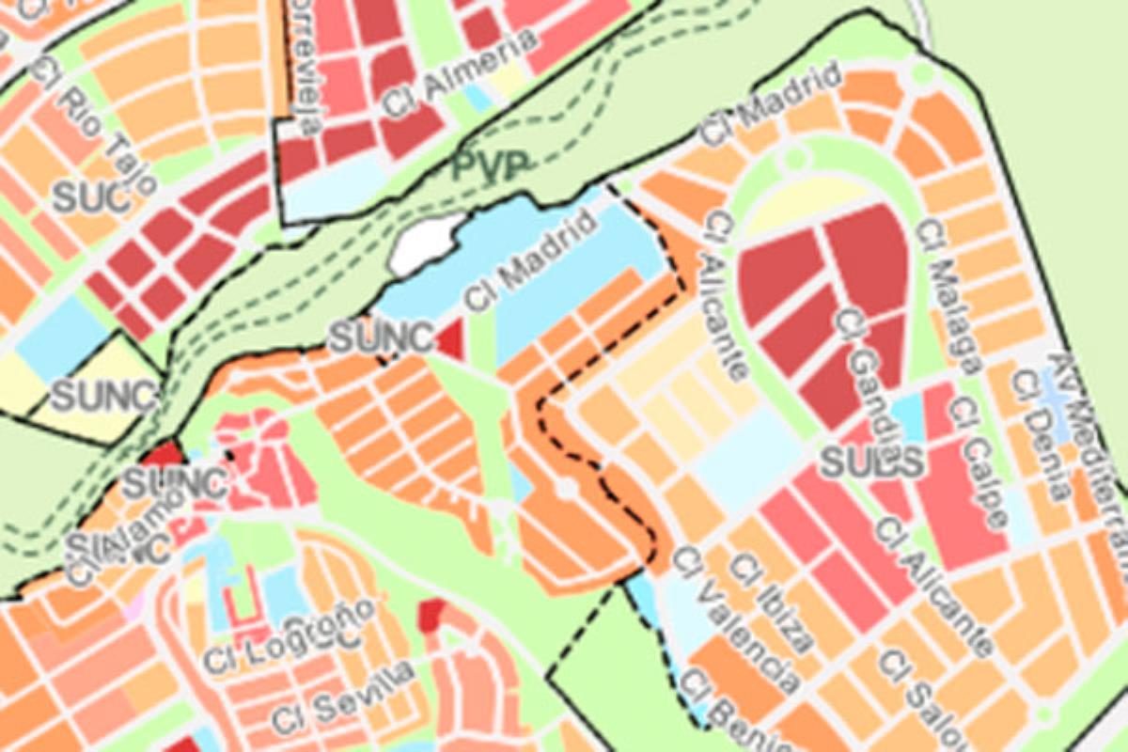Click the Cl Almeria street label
tap(460, 74)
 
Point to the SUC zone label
tap(89, 197)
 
